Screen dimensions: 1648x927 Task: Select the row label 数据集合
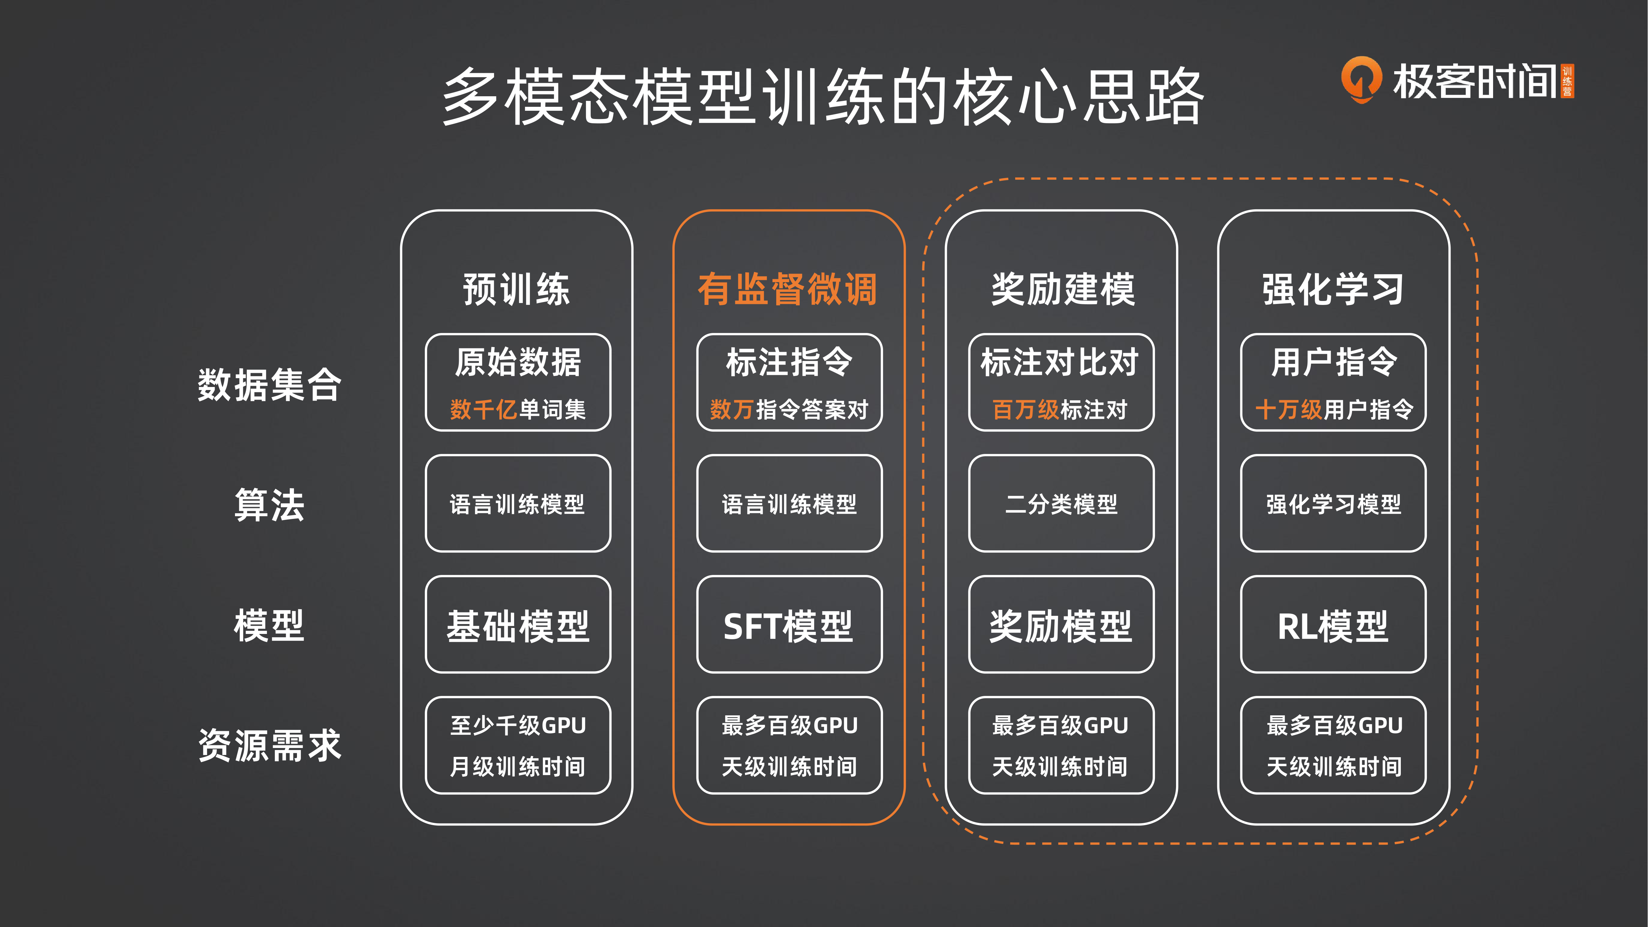[x=269, y=384]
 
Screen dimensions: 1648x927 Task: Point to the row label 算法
[x=269, y=505]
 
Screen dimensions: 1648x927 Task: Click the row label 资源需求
[x=269, y=745]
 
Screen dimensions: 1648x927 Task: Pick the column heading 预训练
[x=516, y=289]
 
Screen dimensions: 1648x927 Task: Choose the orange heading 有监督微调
[x=787, y=289]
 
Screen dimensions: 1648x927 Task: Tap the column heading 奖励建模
[x=1063, y=289]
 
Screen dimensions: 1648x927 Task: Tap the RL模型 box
[x=1333, y=624]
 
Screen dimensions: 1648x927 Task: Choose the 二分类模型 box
[x=1061, y=503]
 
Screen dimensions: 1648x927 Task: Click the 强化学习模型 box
[x=1333, y=503]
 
